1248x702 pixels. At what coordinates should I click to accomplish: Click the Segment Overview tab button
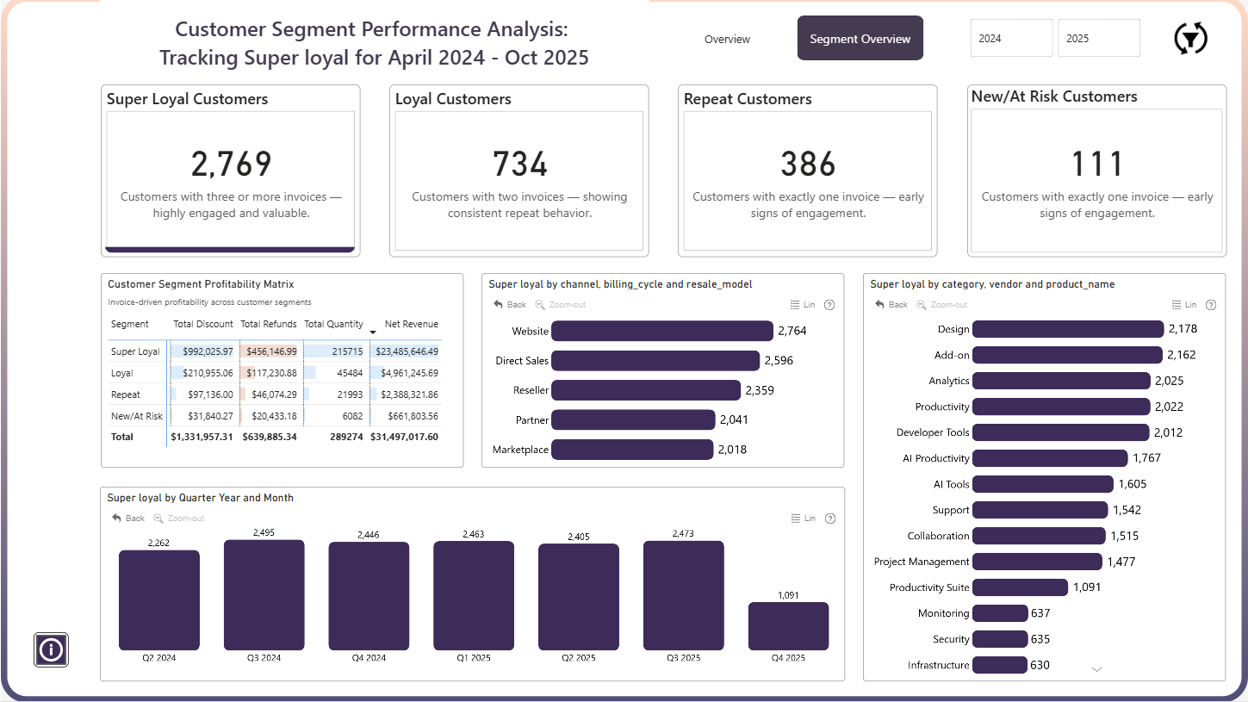(860, 38)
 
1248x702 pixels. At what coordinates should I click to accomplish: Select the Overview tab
(727, 39)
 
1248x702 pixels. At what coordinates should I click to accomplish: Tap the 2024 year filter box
(1011, 38)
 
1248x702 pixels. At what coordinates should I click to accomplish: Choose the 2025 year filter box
(1099, 38)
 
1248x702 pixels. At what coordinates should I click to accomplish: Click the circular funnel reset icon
(1190, 39)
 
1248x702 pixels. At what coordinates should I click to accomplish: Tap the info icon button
(51, 649)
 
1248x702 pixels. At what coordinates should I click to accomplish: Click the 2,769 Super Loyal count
(231, 164)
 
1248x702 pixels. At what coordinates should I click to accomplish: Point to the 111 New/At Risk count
(1096, 164)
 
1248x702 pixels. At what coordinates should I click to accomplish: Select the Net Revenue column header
(411, 324)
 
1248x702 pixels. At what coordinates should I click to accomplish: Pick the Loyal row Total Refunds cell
(271, 373)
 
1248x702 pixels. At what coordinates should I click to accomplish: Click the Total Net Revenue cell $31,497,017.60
(404, 437)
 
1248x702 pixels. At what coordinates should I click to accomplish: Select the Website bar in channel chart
(661, 331)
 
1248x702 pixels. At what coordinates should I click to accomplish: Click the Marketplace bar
(632, 450)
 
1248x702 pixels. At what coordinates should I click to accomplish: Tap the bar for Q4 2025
(788, 625)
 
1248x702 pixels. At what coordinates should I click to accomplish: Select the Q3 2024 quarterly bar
(264, 594)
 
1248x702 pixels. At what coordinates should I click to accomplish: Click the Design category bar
(1067, 329)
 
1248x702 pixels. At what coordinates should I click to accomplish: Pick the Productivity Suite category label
(928, 587)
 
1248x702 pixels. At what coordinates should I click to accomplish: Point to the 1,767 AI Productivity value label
(1146, 458)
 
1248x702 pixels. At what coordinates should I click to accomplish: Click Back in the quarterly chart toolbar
(128, 519)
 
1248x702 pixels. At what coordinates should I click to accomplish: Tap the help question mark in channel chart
(829, 305)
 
